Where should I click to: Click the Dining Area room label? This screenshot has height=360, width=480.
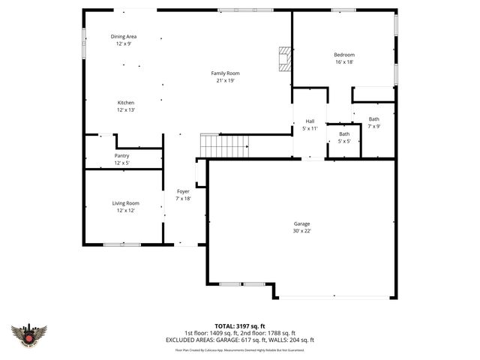pyautogui.click(x=124, y=37)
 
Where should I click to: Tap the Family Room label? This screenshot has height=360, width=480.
pyautogui.click(x=226, y=73)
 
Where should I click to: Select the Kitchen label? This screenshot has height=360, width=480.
pyautogui.click(x=125, y=102)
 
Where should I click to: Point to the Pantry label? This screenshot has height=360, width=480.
pyautogui.click(x=121, y=155)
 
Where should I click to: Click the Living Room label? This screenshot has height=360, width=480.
pyautogui.click(x=125, y=203)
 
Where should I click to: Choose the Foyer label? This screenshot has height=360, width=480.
pyautogui.click(x=183, y=192)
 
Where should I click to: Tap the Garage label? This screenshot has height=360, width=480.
pyautogui.click(x=301, y=223)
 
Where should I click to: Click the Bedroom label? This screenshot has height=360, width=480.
pyautogui.click(x=344, y=55)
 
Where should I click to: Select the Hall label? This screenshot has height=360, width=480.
pyautogui.click(x=309, y=121)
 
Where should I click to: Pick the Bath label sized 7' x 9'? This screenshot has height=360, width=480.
pyautogui.click(x=373, y=119)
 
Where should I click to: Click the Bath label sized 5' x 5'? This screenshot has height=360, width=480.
pyautogui.click(x=343, y=133)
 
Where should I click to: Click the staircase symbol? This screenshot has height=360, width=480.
pyautogui.click(x=223, y=144)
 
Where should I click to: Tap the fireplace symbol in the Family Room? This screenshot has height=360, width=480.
pyautogui.click(x=283, y=59)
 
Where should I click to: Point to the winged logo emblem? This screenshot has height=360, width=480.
pyautogui.click(x=29, y=335)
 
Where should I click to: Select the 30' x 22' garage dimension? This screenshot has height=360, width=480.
pyautogui.click(x=301, y=231)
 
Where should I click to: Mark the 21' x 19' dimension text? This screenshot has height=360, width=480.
pyautogui.click(x=226, y=80)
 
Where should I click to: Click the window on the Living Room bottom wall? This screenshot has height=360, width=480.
pyautogui.click(x=121, y=244)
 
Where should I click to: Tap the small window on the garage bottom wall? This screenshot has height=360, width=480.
pyautogui.click(x=241, y=284)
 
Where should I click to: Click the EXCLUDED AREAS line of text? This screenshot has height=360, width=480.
pyautogui.click(x=239, y=340)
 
